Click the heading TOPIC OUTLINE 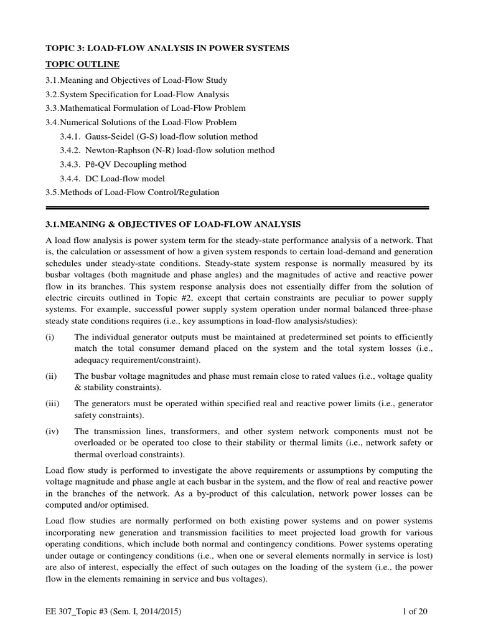83,64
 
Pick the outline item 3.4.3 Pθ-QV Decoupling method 123,164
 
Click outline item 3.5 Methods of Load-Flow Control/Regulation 133,193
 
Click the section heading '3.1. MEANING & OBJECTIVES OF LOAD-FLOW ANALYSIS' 174,223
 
